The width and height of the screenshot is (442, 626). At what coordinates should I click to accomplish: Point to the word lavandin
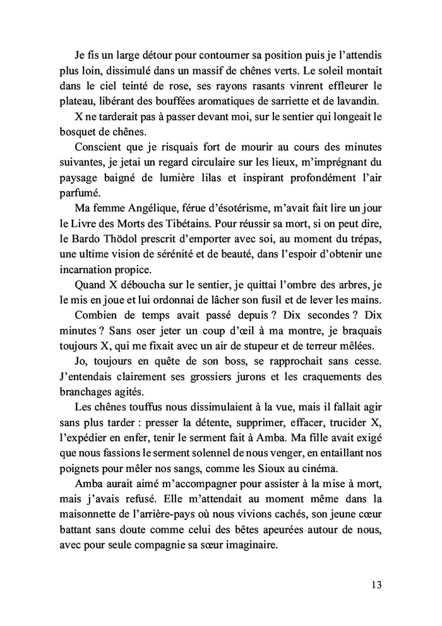[x=357, y=100]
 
